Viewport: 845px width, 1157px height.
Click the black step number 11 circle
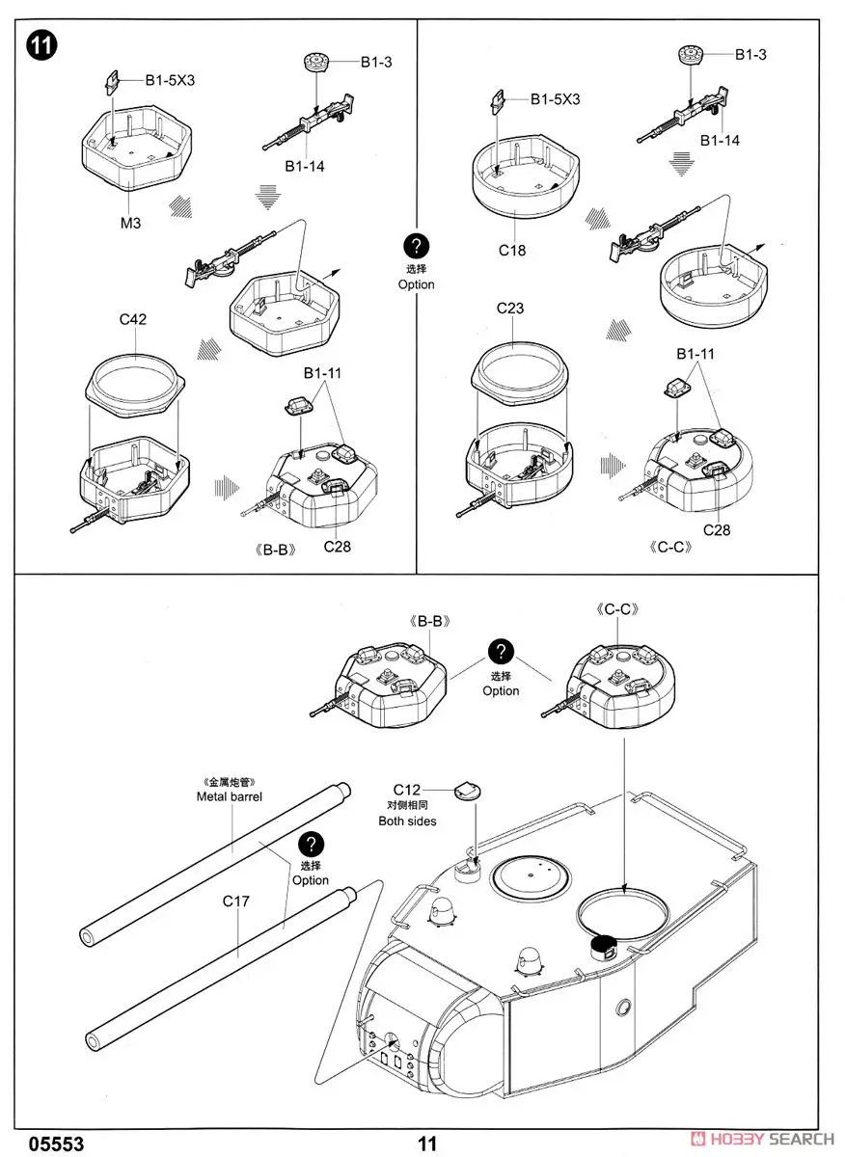point(41,45)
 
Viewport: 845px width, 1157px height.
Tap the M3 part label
point(131,223)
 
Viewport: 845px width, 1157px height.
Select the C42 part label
point(133,319)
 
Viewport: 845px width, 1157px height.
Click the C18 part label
point(512,250)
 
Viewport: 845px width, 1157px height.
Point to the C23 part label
point(510,309)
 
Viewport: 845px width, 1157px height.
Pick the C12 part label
point(407,790)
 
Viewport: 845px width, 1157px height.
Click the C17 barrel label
point(236,901)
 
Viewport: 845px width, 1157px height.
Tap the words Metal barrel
point(230,796)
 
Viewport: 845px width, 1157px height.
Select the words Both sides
point(407,821)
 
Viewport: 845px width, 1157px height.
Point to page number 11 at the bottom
point(427,1144)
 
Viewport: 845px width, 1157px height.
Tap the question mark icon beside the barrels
point(311,846)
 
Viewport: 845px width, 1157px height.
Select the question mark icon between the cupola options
point(501,653)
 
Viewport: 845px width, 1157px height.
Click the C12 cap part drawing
point(466,791)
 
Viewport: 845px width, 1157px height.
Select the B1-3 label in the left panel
point(375,63)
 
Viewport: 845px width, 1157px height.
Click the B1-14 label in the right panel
point(720,140)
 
